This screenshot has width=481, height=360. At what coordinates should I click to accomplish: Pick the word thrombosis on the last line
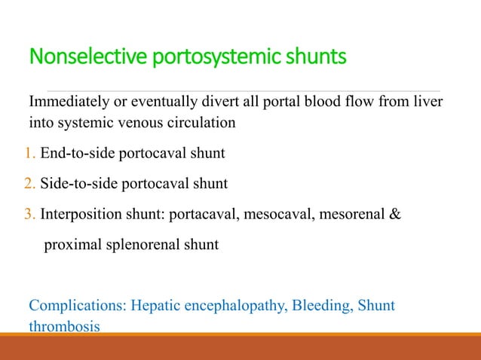pos(64,328)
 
